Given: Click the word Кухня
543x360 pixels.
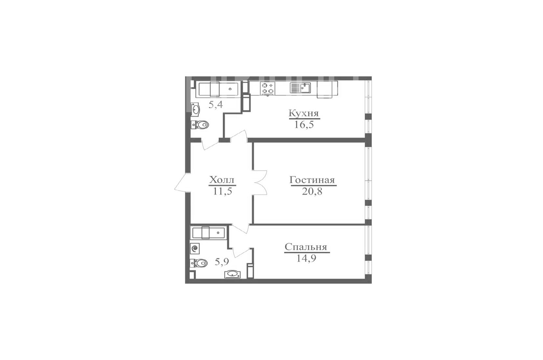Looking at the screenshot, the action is click(x=304, y=113).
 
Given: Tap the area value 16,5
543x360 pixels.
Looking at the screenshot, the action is click(x=304, y=125).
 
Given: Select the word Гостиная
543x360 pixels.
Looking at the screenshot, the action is click(x=312, y=180).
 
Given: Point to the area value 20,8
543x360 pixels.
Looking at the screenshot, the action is click(x=312, y=192).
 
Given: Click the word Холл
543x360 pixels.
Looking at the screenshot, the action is click(x=222, y=180).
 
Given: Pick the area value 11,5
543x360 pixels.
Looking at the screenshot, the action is click(x=223, y=192).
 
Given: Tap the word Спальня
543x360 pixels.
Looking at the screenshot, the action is click(x=306, y=247).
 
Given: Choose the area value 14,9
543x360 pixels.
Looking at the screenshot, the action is click(x=306, y=258).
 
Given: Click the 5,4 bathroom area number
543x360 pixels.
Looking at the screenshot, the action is click(x=216, y=105).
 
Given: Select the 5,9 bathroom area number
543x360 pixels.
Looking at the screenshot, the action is click(x=222, y=262).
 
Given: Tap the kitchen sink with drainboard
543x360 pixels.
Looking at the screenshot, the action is click(x=300, y=88).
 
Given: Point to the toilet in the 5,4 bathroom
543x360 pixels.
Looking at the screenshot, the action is click(x=200, y=125).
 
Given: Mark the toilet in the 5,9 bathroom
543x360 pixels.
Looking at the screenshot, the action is click(x=199, y=263).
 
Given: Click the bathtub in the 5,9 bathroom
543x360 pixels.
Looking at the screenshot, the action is click(x=209, y=233).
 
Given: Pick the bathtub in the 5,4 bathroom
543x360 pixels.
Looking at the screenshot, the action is click(x=218, y=90).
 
